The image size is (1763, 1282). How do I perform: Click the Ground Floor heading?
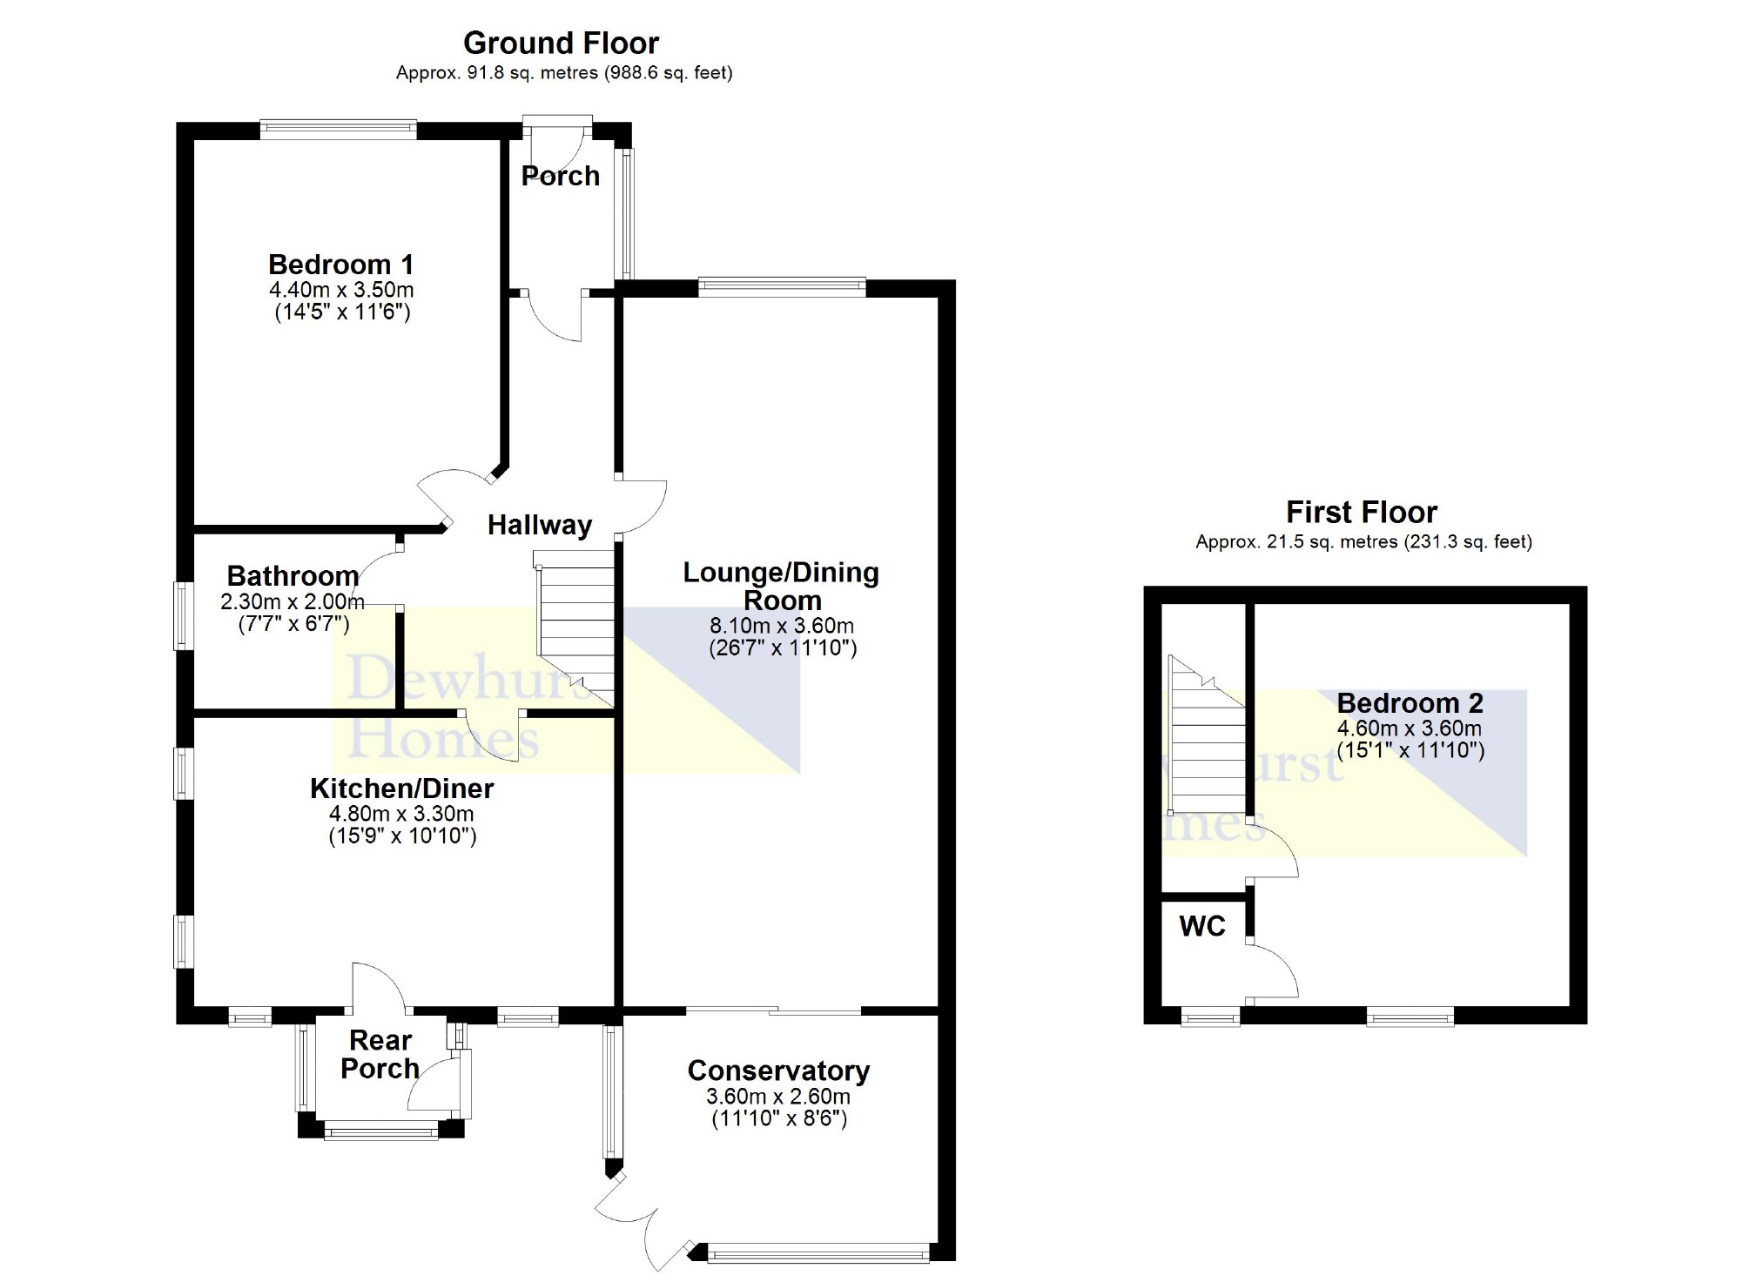pos(561,43)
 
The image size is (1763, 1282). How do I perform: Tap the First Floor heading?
pos(1362,512)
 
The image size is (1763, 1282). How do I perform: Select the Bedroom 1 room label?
pos(340,265)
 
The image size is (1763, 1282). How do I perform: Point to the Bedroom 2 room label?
pos(1410,703)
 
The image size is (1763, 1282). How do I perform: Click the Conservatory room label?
pos(778,1071)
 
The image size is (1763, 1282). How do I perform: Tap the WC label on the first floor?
pos(1202,926)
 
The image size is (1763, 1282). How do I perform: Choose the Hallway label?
pos(539,525)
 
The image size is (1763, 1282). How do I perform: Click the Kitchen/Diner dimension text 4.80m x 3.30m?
pos(401,815)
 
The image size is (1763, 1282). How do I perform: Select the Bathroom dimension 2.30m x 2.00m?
pos(292,601)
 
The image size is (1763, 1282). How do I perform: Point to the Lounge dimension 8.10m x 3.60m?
pos(782,626)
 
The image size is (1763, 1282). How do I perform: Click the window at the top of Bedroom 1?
pos(338,130)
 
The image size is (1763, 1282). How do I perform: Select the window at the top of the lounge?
pos(782,286)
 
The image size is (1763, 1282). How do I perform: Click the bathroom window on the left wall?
pos(183,615)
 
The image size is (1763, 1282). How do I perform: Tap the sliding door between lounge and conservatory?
pos(773,1012)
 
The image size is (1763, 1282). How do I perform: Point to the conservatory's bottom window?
pos(819,1253)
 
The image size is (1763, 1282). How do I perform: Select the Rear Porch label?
pos(380,1054)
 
